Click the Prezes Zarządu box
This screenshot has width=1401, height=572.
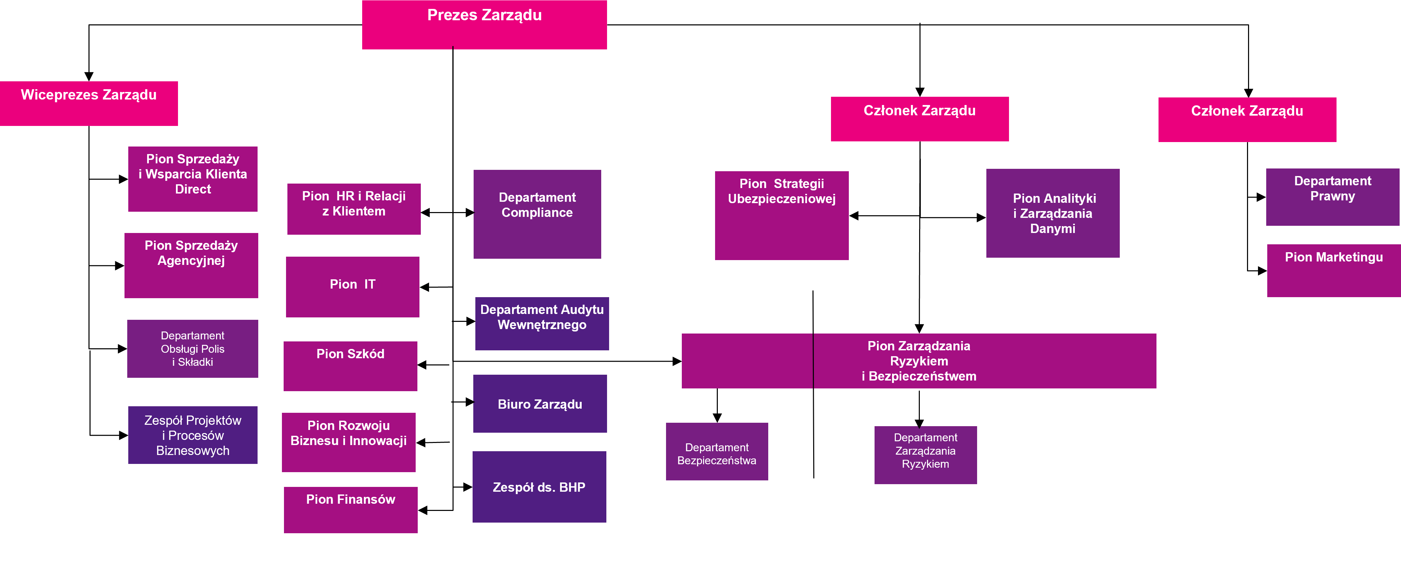click(484, 24)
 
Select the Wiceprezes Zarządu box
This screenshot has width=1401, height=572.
click(88, 103)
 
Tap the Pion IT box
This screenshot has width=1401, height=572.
click(353, 287)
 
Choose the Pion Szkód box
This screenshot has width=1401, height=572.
click(350, 366)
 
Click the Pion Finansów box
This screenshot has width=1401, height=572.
click(350, 510)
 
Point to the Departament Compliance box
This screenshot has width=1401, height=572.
click(537, 214)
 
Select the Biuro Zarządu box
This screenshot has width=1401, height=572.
click(539, 404)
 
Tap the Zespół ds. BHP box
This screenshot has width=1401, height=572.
click(539, 487)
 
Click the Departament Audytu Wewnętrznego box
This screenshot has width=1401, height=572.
click(542, 323)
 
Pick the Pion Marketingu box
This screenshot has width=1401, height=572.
click(1333, 270)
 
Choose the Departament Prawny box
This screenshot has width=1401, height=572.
click(1332, 197)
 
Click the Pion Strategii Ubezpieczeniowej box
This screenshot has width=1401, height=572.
click(782, 215)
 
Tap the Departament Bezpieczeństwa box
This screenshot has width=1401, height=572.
click(717, 452)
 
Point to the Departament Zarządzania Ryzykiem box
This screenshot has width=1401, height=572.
click(925, 455)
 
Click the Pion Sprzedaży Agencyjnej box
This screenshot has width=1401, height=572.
click(191, 265)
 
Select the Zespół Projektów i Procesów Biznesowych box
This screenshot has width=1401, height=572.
click(192, 435)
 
